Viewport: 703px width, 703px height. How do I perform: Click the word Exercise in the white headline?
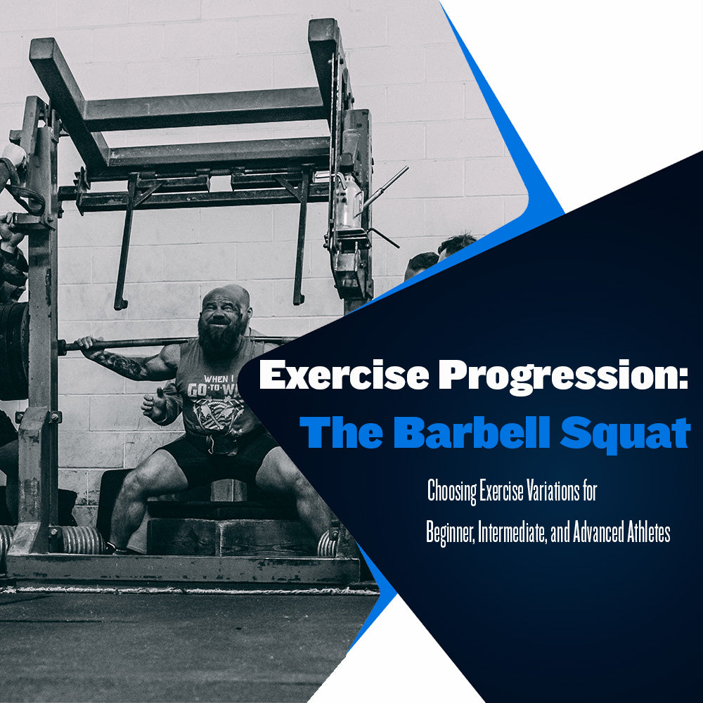point(344,375)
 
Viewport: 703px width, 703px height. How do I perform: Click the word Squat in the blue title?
point(625,434)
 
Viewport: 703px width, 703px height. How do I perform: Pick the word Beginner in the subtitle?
point(450,533)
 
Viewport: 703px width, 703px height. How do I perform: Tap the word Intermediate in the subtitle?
point(512,531)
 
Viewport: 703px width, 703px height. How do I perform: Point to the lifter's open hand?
point(155,404)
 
